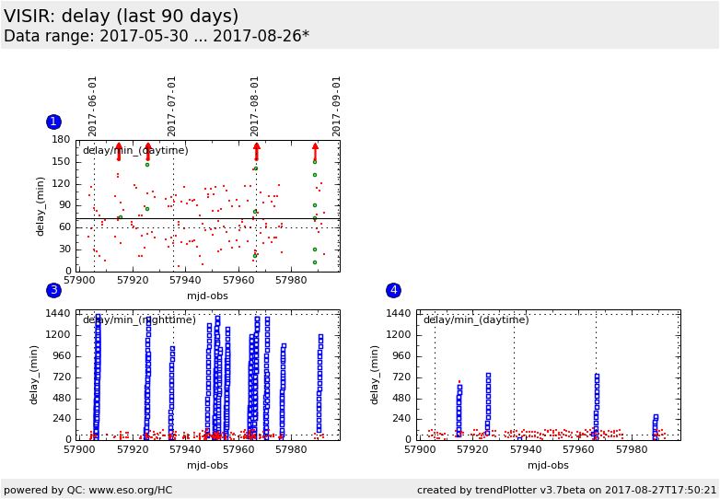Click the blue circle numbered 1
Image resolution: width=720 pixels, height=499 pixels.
click(53, 122)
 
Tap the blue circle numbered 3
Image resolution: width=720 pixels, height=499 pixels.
click(53, 291)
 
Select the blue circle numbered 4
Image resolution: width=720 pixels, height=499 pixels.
click(393, 291)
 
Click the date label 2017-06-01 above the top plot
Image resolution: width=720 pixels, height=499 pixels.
click(93, 106)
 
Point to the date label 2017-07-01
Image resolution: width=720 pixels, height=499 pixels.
click(172, 106)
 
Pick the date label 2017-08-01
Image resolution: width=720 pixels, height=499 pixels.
click(255, 106)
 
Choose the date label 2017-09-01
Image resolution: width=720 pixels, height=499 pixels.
click(337, 106)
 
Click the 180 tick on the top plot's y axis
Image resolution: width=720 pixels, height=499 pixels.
click(62, 140)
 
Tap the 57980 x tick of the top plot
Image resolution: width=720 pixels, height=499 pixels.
click(291, 280)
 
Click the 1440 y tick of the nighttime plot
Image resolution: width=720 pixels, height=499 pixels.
click(58, 314)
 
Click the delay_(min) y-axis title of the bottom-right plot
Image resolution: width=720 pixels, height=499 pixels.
click(376, 375)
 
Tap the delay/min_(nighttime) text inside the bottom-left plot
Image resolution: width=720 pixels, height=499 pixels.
click(139, 320)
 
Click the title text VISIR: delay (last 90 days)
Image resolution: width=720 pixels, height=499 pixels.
click(122, 17)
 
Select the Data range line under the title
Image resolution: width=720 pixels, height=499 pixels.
click(157, 37)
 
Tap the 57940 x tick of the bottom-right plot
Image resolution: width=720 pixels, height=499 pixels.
click(526, 449)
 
